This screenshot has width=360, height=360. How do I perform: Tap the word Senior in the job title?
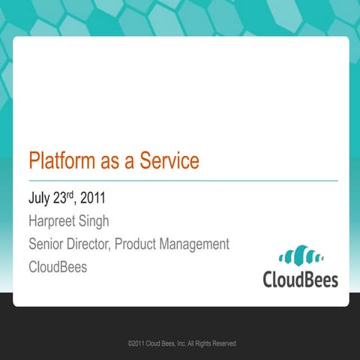tap(48, 244)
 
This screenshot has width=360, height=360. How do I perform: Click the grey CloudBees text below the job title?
tap(58, 267)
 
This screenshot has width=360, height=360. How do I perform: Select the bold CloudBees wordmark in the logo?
tap(300, 280)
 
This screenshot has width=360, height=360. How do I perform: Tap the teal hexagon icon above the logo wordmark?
tap(300, 256)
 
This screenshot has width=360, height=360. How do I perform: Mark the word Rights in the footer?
tap(202, 343)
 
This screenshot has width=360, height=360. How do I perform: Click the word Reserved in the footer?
tap(224, 343)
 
